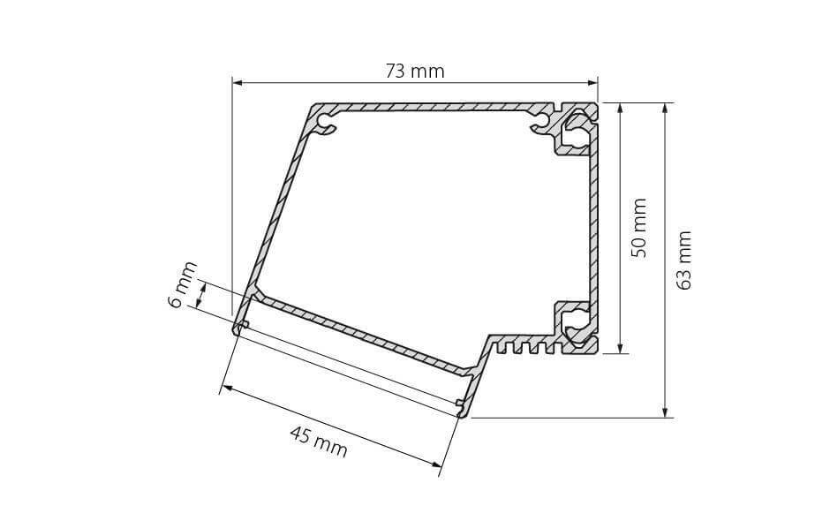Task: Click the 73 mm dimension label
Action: click(x=414, y=72)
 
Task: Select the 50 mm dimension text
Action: click(x=640, y=228)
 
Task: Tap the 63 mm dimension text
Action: click(x=684, y=260)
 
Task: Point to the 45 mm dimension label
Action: click(x=319, y=441)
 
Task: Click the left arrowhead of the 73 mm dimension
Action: click(x=237, y=83)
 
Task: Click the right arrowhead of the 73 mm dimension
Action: click(x=593, y=83)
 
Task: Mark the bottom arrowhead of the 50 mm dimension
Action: click(x=620, y=348)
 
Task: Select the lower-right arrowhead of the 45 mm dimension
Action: click(x=435, y=464)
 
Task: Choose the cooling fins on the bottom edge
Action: click(x=524, y=347)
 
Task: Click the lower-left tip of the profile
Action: click(x=238, y=330)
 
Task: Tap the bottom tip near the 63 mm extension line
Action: click(x=462, y=412)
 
